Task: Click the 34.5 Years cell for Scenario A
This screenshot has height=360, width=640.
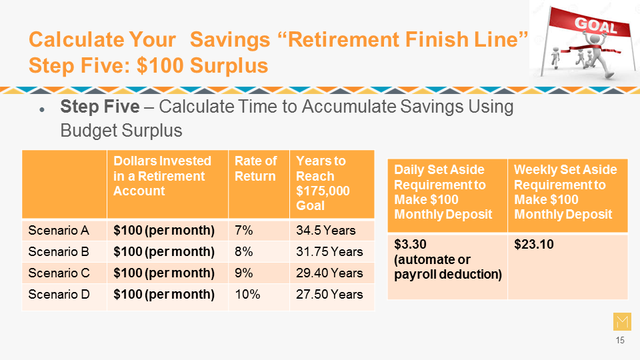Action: [x=326, y=231]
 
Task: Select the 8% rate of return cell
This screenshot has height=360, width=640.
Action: [x=244, y=252]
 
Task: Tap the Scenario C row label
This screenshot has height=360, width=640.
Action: [x=59, y=273]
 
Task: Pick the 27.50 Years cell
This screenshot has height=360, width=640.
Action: [x=329, y=294]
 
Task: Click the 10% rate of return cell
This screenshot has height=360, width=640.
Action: [x=247, y=294]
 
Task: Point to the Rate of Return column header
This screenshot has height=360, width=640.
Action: [x=256, y=169]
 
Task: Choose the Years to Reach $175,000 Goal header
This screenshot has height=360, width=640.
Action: [x=323, y=183]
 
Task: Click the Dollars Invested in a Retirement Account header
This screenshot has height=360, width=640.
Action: [x=163, y=176]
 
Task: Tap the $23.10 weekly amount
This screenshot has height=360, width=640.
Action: [x=534, y=245]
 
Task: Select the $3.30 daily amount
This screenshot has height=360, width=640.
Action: [x=410, y=245]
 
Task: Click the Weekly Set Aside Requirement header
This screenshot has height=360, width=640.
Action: [x=565, y=192]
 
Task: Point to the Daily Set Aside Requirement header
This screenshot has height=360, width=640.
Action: [x=443, y=192]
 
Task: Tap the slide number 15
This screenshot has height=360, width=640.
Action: [x=620, y=341]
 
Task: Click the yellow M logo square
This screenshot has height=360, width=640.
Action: [x=622, y=321]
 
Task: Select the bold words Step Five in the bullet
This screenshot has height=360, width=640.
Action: [x=100, y=107]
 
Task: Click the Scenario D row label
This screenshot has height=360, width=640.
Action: [x=59, y=294]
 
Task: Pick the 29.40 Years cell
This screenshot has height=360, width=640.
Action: [x=329, y=273]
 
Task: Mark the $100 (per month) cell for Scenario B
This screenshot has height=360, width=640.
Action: [x=164, y=252]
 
